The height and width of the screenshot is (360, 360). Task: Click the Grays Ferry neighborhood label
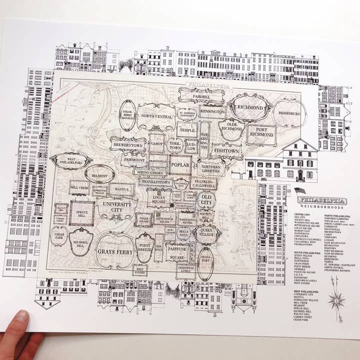click(x=115, y=251)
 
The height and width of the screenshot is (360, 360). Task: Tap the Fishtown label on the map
click(x=226, y=149)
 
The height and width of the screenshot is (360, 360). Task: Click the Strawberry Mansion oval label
click(x=127, y=115)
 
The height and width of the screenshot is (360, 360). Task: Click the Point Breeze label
click(x=145, y=247)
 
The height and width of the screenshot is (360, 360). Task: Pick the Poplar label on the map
click(x=179, y=164)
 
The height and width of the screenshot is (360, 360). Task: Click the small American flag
click(x=300, y=190)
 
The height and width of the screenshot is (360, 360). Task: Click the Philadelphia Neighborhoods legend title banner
click(x=328, y=201)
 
